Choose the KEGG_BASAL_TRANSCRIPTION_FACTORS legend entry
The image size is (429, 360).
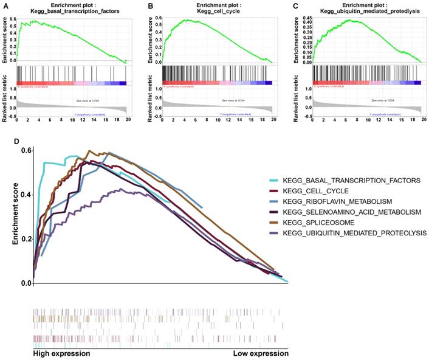[x=335, y=182]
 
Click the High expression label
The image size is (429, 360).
[x=61, y=353]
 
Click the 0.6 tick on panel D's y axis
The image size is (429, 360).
[x=24, y=150]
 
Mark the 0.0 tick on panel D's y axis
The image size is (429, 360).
[x=24, y=283]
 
